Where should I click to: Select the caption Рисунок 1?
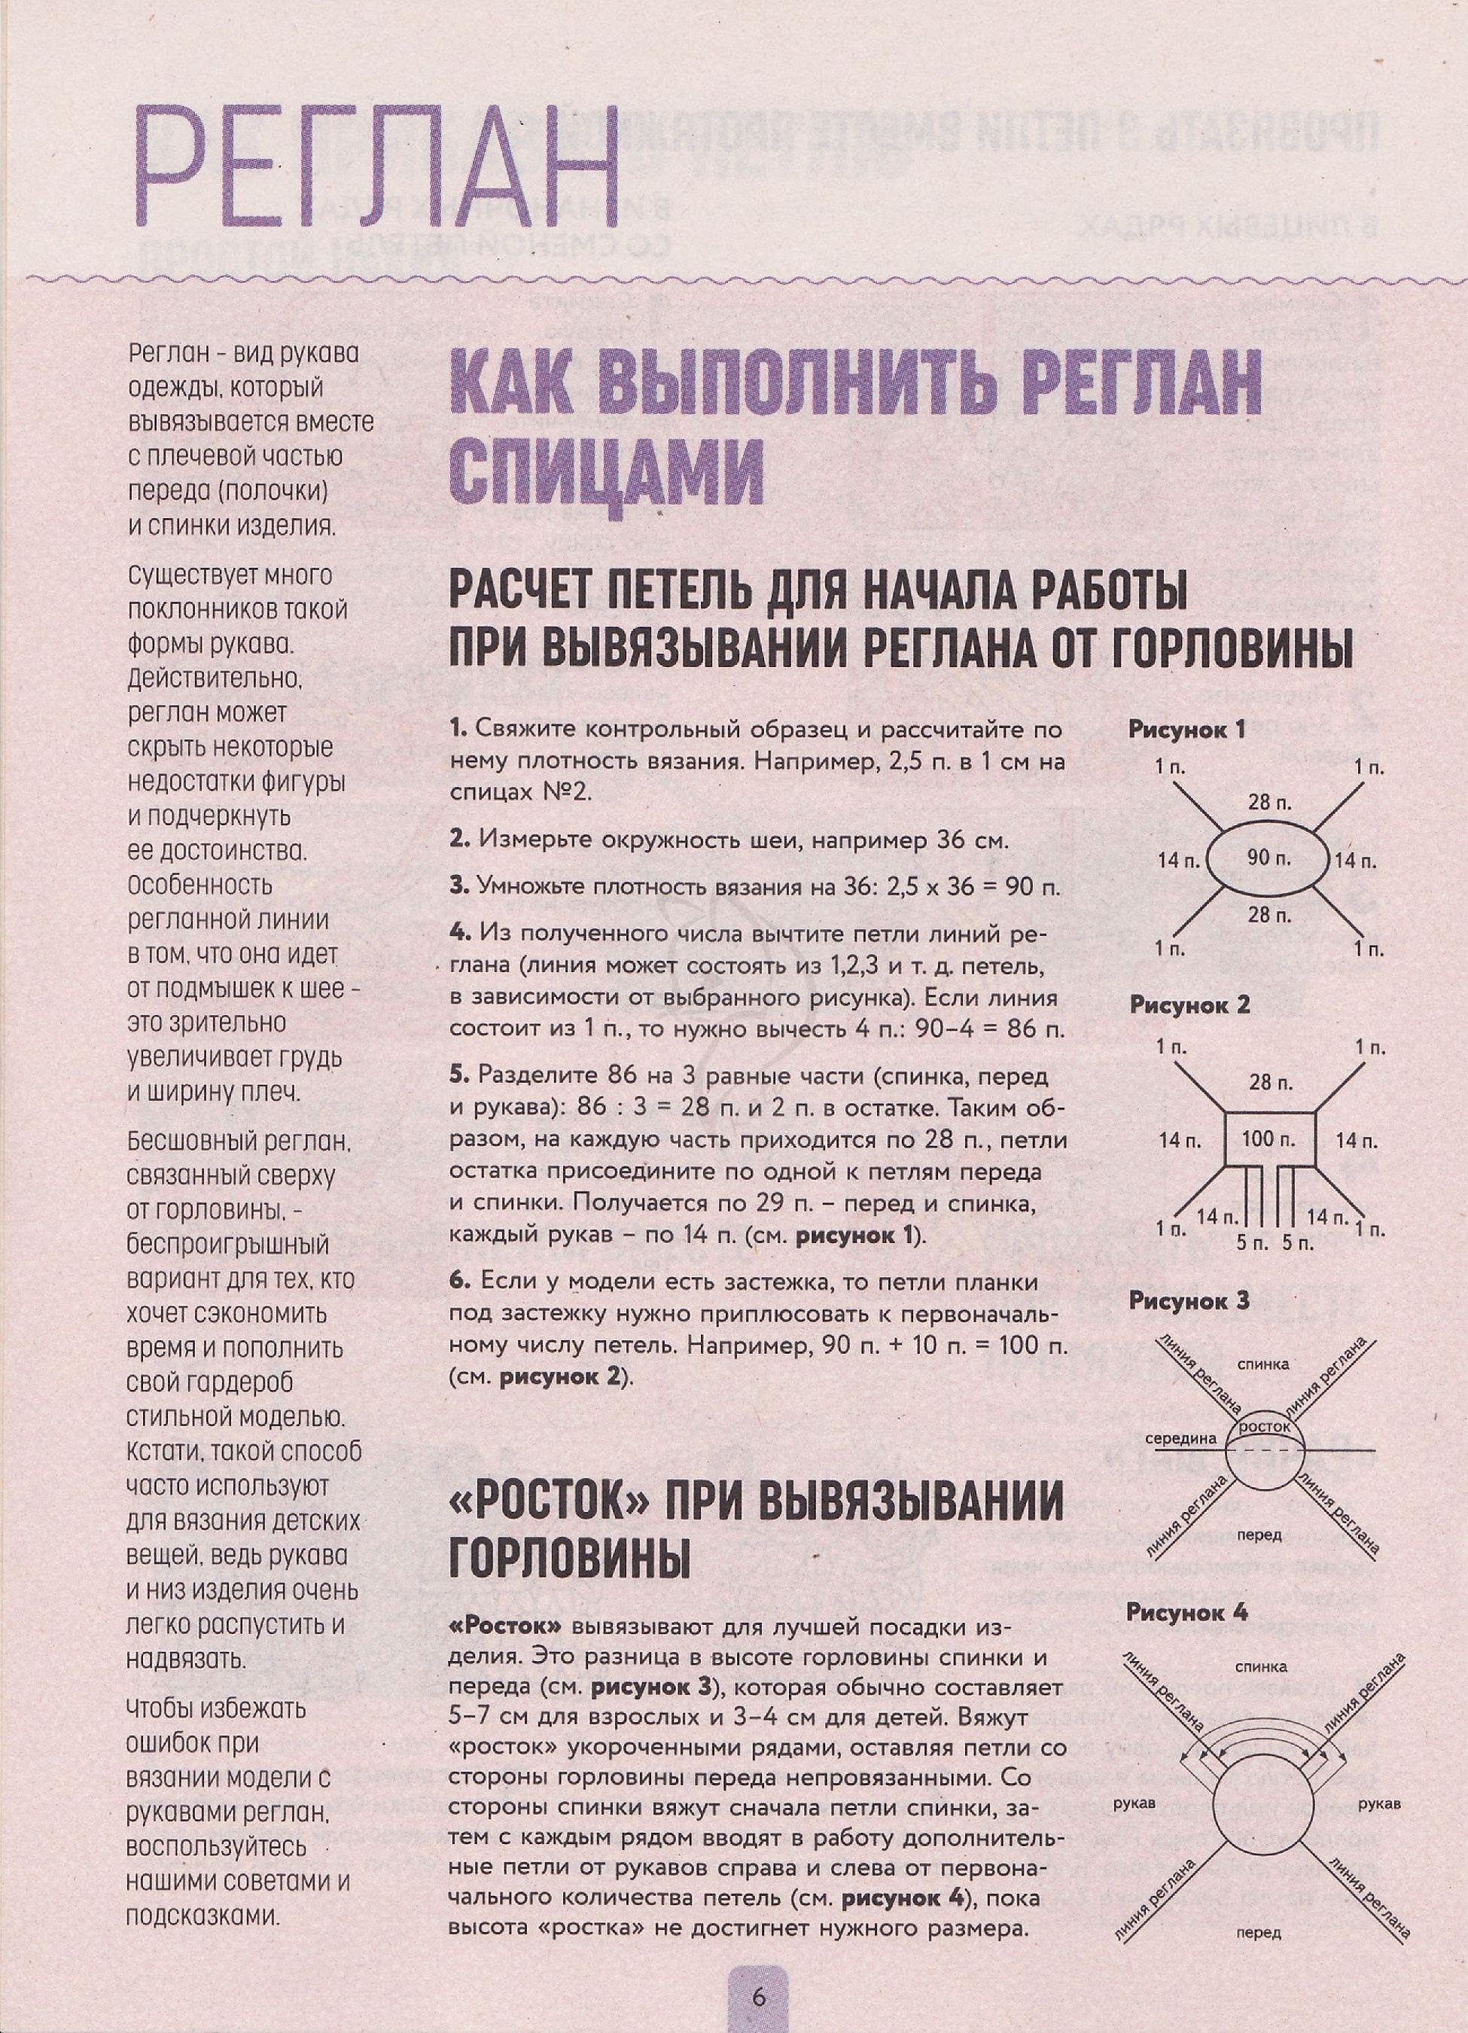click(1187, 729)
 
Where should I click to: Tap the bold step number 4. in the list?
click(461, 934)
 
